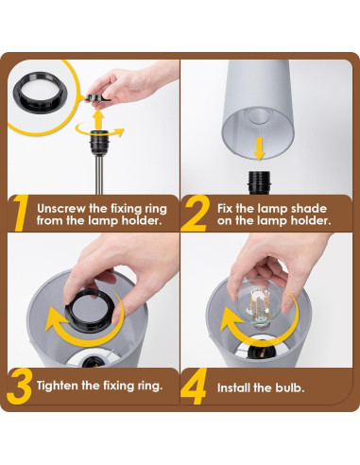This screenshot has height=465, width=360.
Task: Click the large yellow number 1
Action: [18, 215]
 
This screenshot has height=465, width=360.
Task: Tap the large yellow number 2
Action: [195, 214]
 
